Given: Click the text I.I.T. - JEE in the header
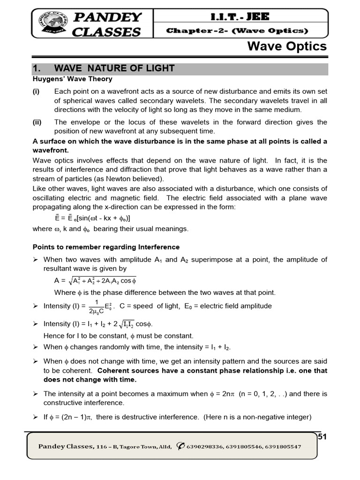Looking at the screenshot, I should point(241,17).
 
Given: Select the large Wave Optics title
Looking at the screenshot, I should point(287,46).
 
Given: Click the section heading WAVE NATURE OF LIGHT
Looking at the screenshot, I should point(114,68).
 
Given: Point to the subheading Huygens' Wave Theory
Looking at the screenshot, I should point(72,79).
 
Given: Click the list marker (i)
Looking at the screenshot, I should point(36,91).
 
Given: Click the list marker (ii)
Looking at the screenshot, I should point(37,122).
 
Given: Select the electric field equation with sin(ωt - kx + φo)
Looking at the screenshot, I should point(92,218).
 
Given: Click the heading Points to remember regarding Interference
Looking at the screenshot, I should point(106,247).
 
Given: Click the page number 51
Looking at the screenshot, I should point(322,437).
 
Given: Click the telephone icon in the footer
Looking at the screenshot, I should point(180,446).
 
